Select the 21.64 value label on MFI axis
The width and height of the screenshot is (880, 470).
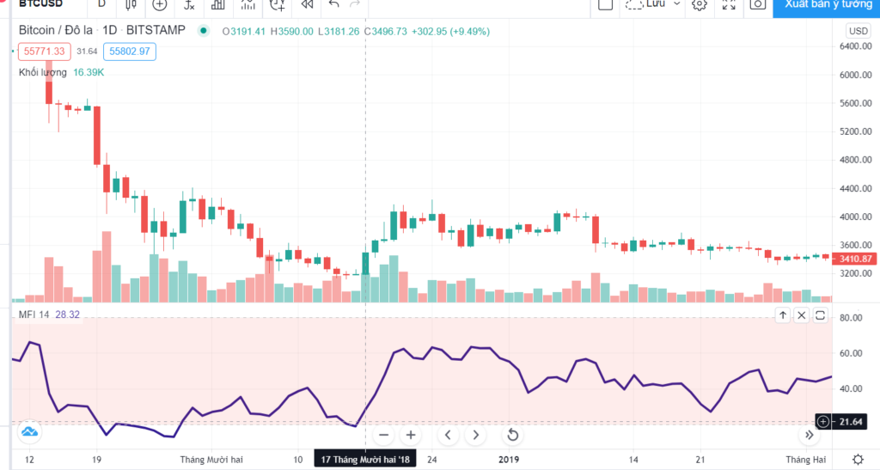[x=851, y=421]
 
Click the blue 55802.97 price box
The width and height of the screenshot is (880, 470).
[x=130, y=52]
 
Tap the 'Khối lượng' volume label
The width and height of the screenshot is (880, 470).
[x=43, y=72]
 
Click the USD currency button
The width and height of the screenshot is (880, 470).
[x=858, y=30]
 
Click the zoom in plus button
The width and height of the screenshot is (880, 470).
[x=411, y=435]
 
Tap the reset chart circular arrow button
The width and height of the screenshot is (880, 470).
[x=512, y=435]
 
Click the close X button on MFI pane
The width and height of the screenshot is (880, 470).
[x=801, y=315]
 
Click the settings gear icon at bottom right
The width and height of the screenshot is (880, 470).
[x=858, y=459]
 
